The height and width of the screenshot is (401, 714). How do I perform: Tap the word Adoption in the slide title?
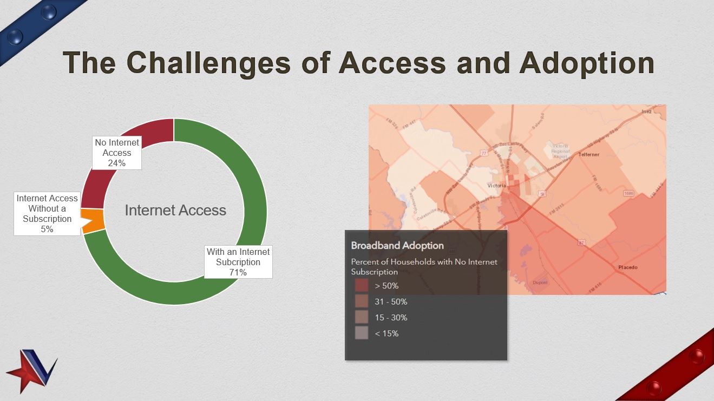(587, 63)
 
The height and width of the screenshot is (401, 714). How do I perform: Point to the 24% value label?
(117, 163)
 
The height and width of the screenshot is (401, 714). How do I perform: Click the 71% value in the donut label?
(238, 272)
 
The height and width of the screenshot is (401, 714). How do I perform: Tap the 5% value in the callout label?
(47, 229)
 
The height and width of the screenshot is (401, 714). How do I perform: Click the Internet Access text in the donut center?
(175, 211)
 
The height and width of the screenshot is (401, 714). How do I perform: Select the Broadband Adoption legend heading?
(397, 245)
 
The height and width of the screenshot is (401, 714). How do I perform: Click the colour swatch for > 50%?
(362, 285)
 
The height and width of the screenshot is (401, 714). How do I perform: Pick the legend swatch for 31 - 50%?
(362, 301)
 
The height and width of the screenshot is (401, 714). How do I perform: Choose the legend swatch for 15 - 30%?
(362, 317)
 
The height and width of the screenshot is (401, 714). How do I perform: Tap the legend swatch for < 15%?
(362, 333)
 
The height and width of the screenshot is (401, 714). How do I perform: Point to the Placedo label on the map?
(628, 267)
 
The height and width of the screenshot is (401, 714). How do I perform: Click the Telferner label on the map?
(589, 154)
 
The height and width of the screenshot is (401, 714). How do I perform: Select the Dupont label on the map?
(540, 282)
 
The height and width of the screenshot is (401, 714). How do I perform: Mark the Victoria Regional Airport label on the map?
(560, 151)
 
